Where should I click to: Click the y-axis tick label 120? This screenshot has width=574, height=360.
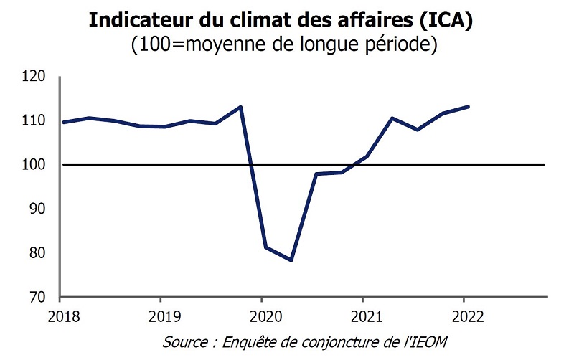tap(34, 76)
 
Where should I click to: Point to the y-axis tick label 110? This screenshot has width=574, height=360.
tap(34, 120)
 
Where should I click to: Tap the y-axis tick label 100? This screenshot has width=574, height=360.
tap(34, 165)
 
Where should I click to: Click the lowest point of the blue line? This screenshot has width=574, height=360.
tap(291, 260)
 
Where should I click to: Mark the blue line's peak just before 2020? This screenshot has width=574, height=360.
tap(240, 107)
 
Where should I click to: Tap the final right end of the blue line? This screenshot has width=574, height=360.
tap(468, 107)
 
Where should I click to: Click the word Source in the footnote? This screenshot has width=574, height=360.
tap(183, 340)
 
